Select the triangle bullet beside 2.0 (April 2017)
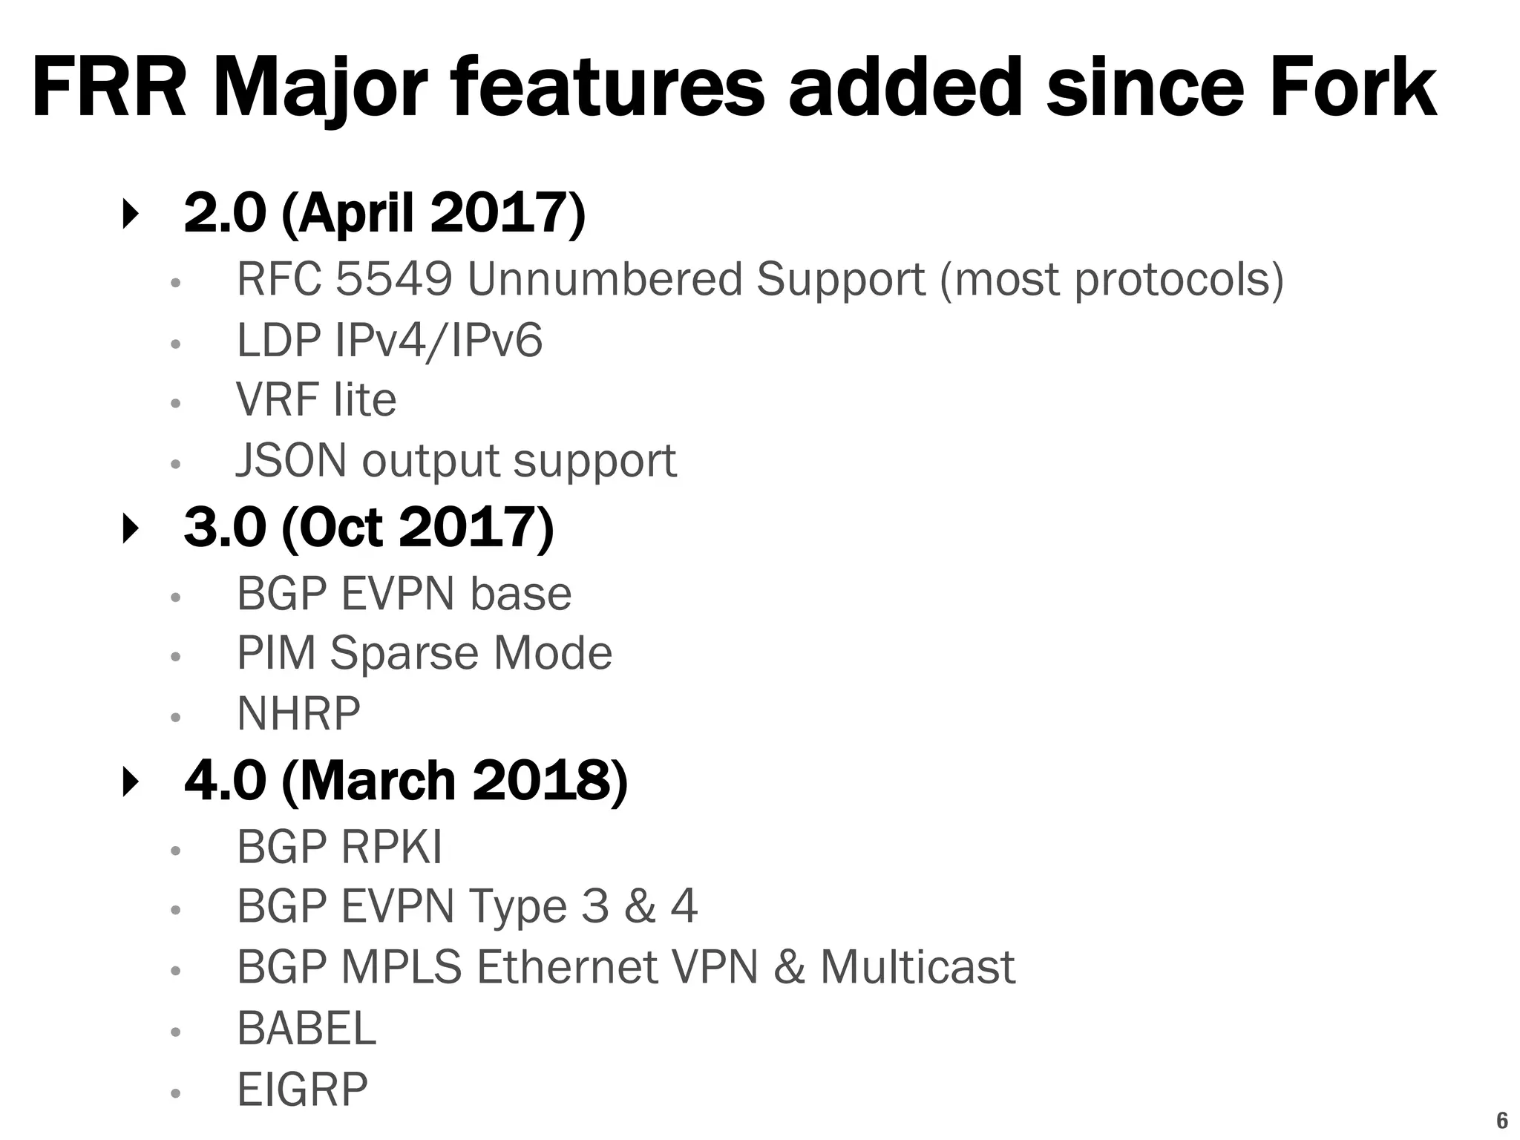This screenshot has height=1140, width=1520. (x=131, y=214)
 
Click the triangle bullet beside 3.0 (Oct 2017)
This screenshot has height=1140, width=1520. (x=131, y=529)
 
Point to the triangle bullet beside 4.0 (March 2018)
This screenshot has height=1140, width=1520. (x=131, y=782)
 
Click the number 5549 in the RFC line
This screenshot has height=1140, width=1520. (x=393, y=280)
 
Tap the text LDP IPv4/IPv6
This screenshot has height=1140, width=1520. (x=390, y=341)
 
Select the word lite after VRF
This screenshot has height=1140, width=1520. (x=364, y=400)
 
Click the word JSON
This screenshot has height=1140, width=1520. (x=291, y=461)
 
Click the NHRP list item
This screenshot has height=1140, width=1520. (x=298, y=714)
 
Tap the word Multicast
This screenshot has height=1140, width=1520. (x=917, y=968)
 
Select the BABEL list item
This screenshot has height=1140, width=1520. (x=307, y=1029)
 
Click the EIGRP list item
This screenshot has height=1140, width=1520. (x=302, y=1090)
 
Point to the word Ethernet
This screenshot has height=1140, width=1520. (x=568, y=968)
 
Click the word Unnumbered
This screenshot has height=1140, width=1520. (x=604, y=280)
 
